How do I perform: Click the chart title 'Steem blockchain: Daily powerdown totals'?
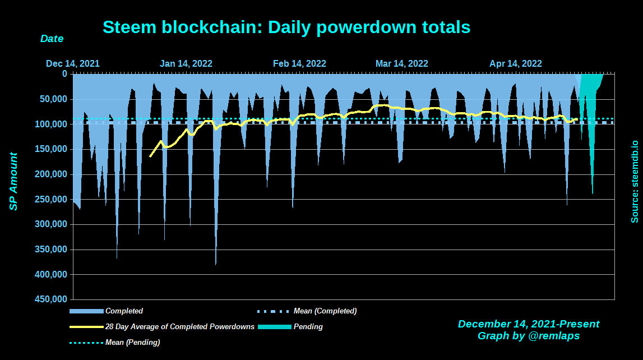point(286,27)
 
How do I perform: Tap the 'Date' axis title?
point(52,39)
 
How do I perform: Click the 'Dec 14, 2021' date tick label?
point(73,63)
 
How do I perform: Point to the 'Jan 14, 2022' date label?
point(186,63)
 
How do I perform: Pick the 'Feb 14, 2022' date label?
point(299,63)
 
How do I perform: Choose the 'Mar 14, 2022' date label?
point(401,63)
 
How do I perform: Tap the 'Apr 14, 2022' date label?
point(515,63)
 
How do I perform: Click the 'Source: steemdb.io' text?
point(635,174)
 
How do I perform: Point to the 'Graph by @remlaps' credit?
point(528,336)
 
